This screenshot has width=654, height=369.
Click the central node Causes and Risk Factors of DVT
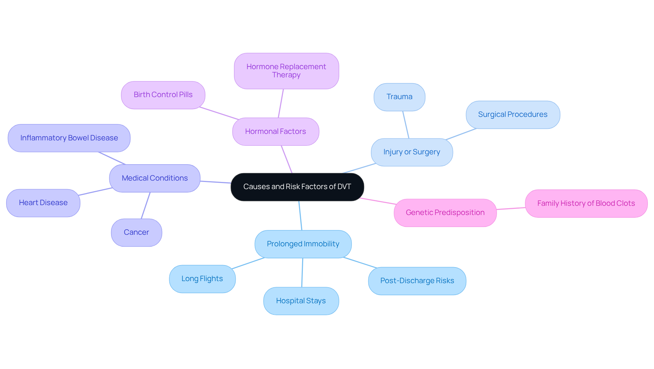coord(297,187)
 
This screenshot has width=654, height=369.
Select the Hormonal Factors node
coord(276,132)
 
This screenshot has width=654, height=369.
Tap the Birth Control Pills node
coord(163,95)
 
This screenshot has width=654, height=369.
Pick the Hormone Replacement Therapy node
coord(286,71)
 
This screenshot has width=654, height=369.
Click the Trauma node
coord(399,97)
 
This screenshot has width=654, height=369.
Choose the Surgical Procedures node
coord(513,114)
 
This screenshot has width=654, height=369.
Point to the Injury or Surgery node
coord(411,152)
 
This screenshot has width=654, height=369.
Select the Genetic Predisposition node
coord(445,213)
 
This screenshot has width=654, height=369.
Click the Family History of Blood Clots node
coord(586,203)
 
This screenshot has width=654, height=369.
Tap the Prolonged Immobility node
coord(303,244)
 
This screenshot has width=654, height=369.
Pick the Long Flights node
coord(202,279)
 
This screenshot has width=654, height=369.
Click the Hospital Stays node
coord(301,301)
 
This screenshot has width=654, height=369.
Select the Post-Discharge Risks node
coord(417,281)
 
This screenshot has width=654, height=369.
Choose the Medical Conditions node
coord(155,178)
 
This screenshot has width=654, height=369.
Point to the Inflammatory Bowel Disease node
coord(69,138)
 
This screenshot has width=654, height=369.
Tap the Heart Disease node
coord(43,203)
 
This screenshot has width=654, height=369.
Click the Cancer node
coord(136,232)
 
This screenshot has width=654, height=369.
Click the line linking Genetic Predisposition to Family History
coord(511,209)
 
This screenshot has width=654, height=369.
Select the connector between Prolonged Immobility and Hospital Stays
coord(302,273)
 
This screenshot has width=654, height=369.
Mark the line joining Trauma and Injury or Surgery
coord(406,125)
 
